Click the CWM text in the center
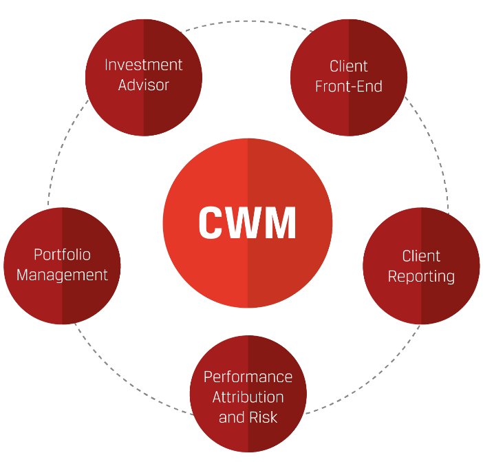click(x=248, y=222)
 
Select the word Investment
click(x=144, y=65)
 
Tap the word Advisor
click(x=144, y=85)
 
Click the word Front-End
click(x=349, y=87)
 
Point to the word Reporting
click(x=421, y=277)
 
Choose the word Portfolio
click(x=62, y=255)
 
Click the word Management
click(x=62, y=275)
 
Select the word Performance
click(x=248, y=377)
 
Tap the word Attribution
click(x=248, y=397)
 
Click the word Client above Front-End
click(x=349, y=66)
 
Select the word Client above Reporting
click(x=421, y=256)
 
